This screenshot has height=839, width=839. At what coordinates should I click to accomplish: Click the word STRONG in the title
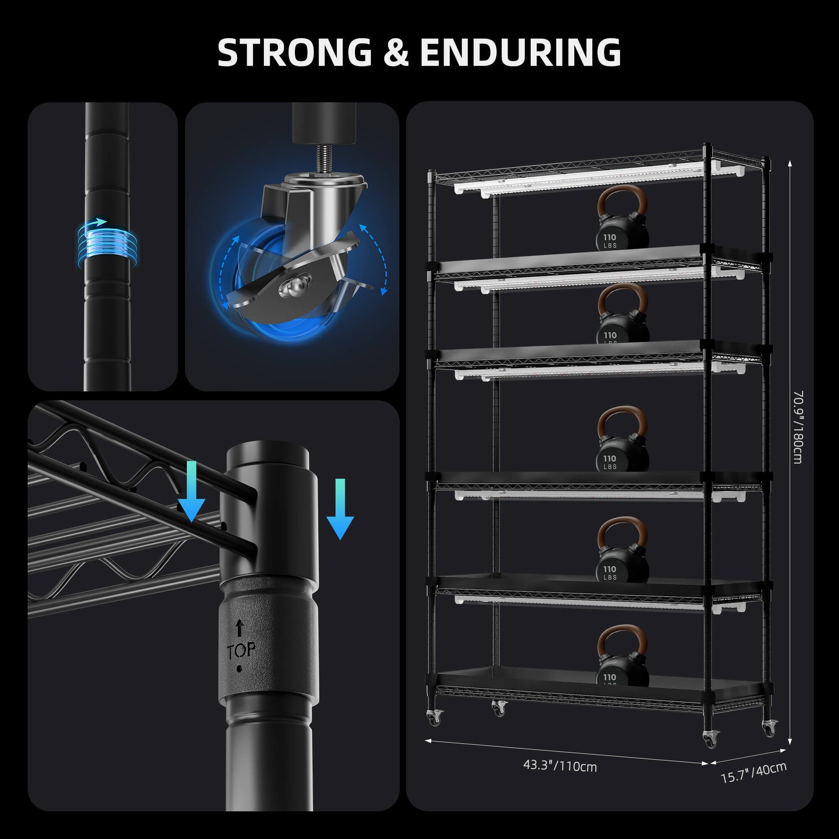click(294, 53)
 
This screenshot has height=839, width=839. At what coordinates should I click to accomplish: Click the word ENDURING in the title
click(520, 53)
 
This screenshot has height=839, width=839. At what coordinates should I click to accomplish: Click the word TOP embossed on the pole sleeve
click(240, 650)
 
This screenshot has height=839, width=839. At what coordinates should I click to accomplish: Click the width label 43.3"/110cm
click(560, 766)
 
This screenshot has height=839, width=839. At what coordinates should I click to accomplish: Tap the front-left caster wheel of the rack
click(435, 717)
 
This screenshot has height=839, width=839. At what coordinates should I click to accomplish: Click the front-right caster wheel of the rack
click(711, 739)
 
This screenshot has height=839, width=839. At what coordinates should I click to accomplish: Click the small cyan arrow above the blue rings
click(99, 222)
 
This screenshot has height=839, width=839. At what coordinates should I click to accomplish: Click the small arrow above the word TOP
click(239, 628)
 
